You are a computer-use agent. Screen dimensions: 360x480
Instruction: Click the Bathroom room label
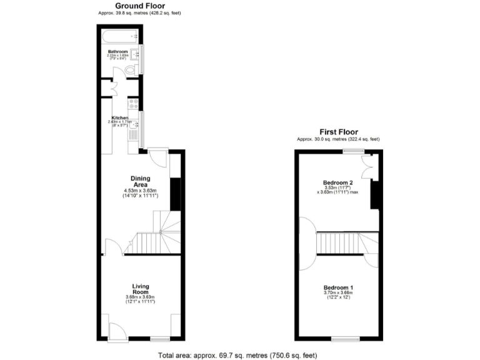click(117, 51)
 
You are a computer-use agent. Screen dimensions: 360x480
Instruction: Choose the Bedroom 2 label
click(338, 182)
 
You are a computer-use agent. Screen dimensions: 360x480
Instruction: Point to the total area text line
click(237, 354)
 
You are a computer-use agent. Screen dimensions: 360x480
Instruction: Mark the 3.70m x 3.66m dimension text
click(338, 292)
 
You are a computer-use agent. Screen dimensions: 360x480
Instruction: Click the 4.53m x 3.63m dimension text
click(140, 190)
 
